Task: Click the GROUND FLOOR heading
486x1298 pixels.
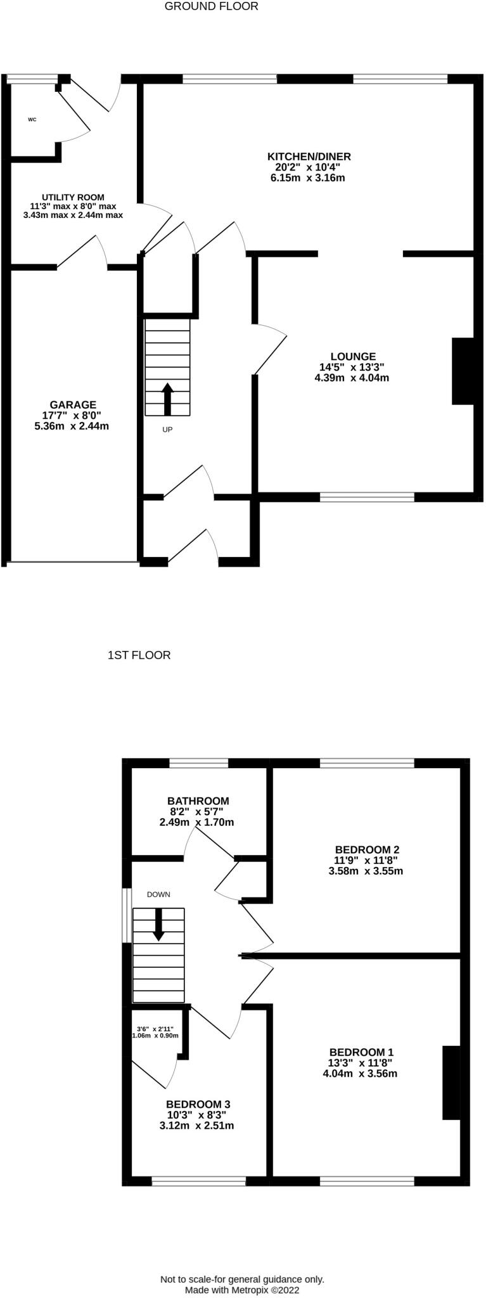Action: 212,6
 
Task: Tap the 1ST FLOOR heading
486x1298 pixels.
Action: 139,655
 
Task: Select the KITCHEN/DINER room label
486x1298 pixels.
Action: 309,157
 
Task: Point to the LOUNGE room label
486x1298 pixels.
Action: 353,357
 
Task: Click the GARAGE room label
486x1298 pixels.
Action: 74,405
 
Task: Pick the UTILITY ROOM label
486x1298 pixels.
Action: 73,197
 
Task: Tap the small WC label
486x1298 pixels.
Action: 32,119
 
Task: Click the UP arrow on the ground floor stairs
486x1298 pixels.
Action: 167,398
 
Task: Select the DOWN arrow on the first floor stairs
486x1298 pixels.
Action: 158,924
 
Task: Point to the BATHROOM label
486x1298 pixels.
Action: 198,801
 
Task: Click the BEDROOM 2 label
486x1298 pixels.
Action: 368,849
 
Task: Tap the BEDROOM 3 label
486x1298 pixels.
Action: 198,1104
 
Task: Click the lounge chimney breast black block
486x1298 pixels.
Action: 463,371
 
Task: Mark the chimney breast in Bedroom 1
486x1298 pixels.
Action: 451,1083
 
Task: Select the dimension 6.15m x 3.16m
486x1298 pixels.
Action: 307,178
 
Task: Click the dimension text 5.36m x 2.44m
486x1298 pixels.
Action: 72,427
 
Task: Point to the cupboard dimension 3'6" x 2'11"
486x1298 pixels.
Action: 155,1028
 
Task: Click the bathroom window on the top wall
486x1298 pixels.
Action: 198,763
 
